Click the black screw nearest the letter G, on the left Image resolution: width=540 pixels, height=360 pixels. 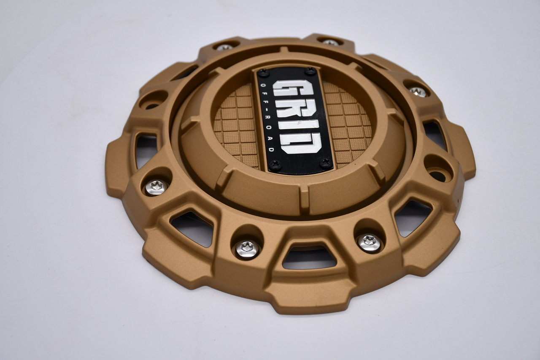click(264, 73)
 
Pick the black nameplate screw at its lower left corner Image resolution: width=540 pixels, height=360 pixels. click(275, 164)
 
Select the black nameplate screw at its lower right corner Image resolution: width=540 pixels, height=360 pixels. click(326, 162)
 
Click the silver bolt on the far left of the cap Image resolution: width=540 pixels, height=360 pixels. click(156, 187)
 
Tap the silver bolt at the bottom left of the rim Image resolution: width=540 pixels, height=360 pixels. click(247, 249)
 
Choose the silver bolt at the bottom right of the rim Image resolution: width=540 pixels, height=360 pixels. click(370, 243)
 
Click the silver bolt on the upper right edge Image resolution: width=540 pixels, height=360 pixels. click(418, 92)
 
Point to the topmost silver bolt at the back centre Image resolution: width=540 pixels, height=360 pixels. click(330, 43)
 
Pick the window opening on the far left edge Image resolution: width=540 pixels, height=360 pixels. click(146, 150)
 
